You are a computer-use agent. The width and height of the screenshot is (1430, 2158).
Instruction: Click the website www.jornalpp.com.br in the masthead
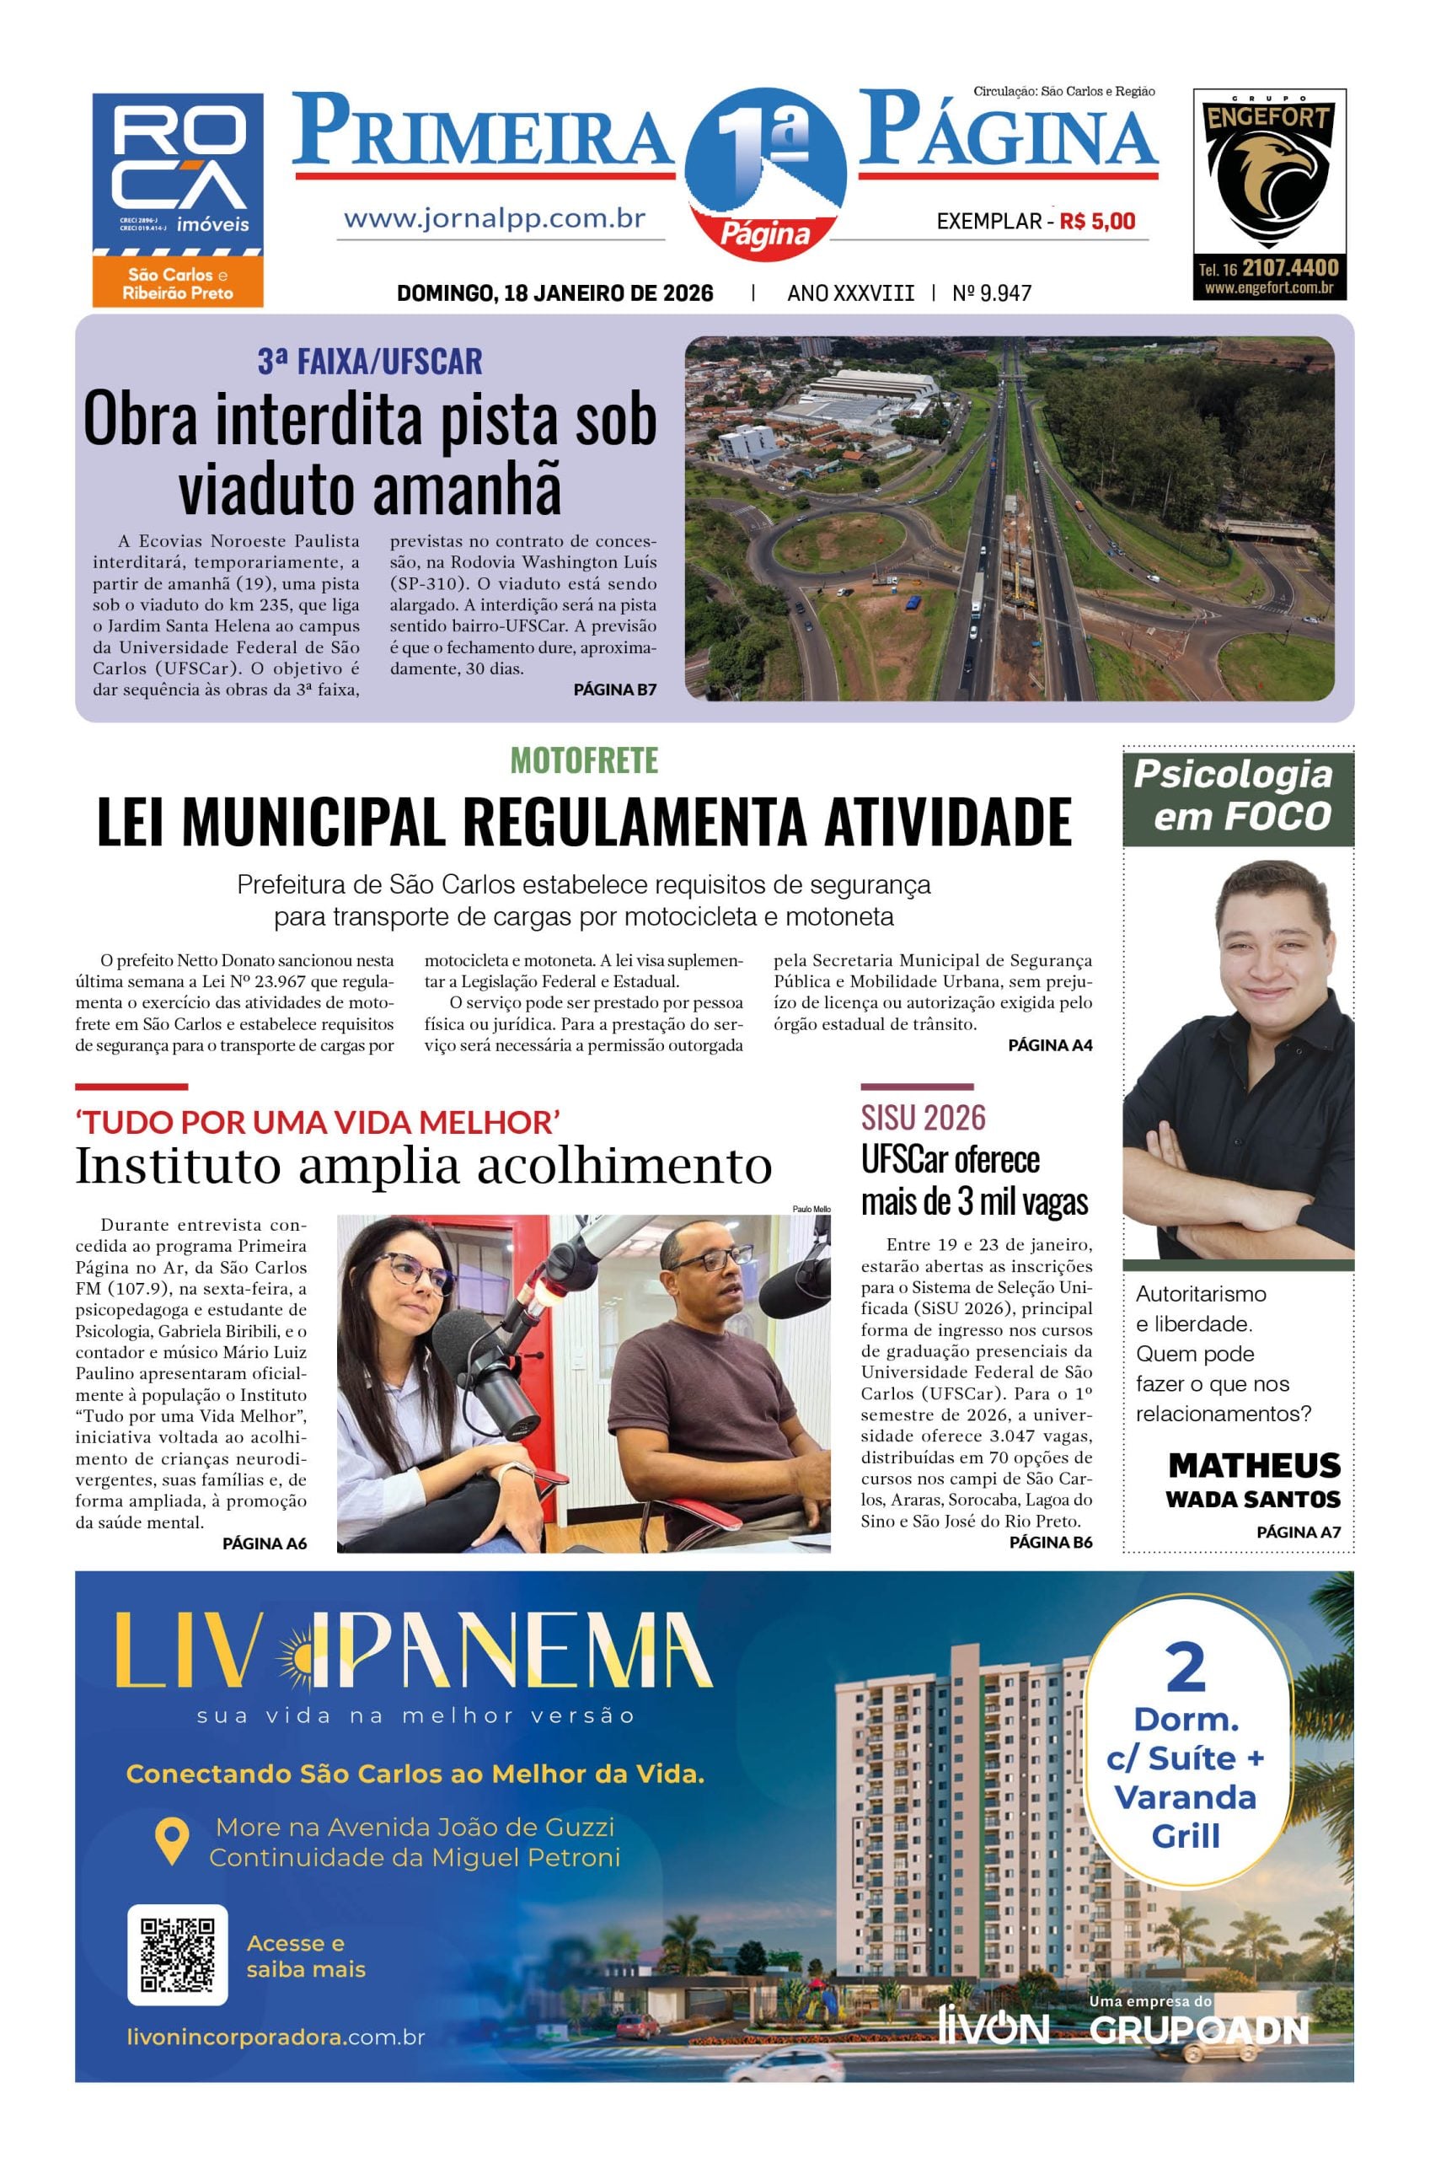pos(495,219)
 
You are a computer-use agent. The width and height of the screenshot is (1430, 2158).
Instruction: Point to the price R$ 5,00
pos(1097,221)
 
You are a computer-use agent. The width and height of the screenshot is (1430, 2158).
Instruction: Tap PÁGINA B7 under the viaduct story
pos(614,690)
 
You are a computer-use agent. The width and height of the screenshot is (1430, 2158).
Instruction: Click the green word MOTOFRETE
pos(584,760)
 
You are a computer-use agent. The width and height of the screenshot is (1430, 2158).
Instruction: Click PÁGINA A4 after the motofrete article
pos(1050,1045)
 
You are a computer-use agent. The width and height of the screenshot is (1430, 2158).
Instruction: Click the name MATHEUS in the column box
pos(1254,1466)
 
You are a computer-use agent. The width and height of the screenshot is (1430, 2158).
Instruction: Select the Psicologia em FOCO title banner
pos(1238,795)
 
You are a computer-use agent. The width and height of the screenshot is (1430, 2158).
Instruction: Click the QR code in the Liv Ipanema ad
pos(177,1955)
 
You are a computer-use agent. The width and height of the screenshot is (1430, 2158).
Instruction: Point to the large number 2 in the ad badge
pos(1185,1668)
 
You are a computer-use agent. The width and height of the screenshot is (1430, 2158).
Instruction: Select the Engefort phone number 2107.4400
pos(1288,268)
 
